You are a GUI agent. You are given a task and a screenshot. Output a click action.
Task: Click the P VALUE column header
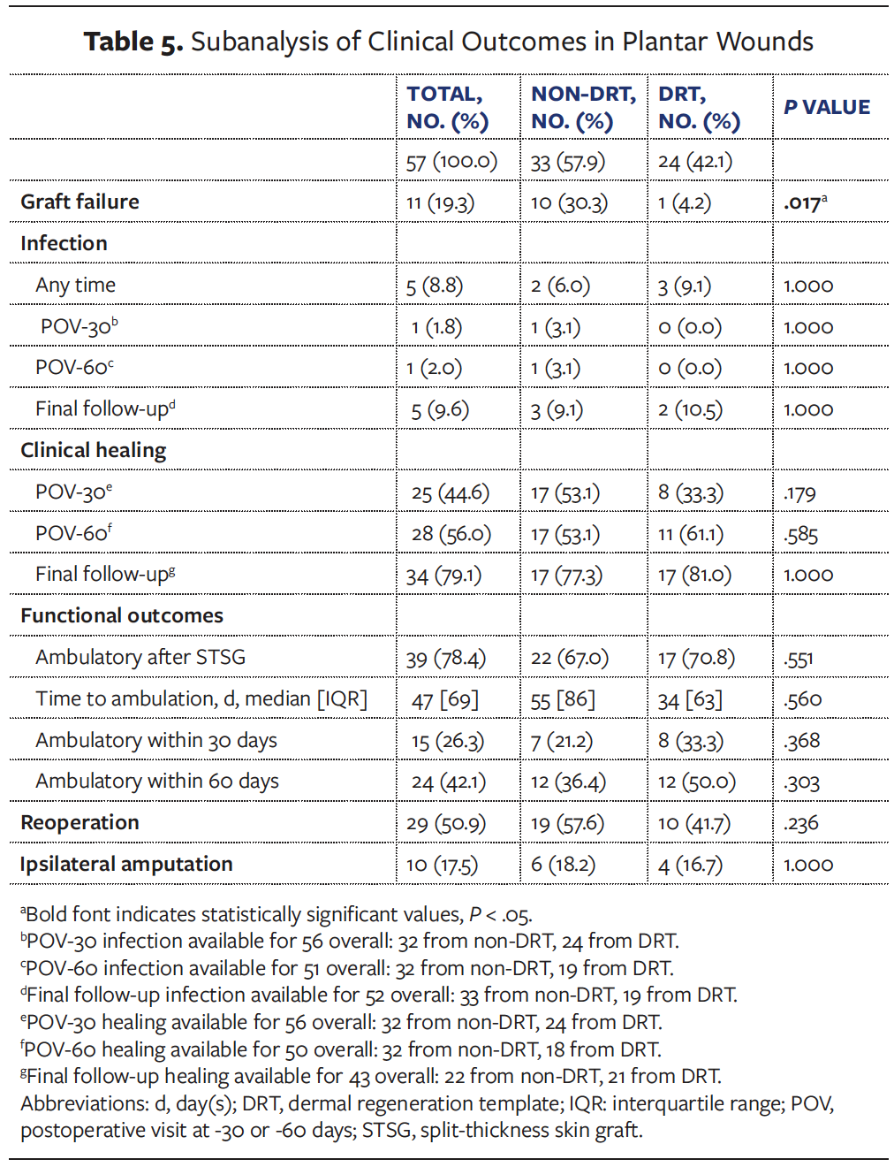coord(827,107)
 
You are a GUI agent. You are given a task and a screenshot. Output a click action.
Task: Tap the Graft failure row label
coord(80,202)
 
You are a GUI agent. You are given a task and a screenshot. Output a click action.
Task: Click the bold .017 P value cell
coord(805,202)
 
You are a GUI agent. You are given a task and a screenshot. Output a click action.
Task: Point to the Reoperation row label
coord(80,823)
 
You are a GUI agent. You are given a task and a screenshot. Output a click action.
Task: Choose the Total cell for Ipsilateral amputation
coord(442,865)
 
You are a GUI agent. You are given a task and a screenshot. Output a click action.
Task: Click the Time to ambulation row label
coord(201,699)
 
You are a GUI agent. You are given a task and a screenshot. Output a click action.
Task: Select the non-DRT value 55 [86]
coord(563,700)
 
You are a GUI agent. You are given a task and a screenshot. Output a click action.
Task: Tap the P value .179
coord(799,493)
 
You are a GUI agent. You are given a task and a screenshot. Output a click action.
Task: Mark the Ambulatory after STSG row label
coord(140,658)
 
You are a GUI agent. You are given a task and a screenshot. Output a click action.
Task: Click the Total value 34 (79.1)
coord(443,576)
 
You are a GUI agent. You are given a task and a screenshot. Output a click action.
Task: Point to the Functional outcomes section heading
coord(122,616)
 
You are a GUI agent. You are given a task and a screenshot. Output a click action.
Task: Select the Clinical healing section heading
coord(93,451)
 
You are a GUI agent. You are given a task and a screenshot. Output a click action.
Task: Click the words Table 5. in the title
coord(133,42)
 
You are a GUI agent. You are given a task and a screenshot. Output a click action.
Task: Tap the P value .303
coord(801,782)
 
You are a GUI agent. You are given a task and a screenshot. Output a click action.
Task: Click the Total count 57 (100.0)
coord(451,162)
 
